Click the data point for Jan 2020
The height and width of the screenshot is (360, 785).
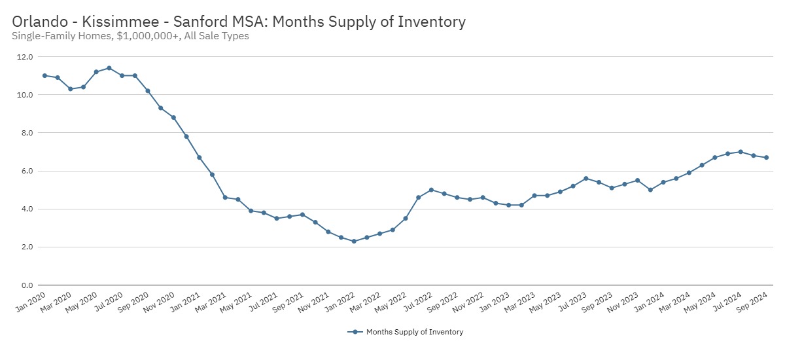click(44, 75)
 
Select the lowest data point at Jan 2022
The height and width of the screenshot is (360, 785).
click(354, 242)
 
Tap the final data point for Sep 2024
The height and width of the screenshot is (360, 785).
click(766, 157)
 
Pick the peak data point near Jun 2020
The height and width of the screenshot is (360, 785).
click(109, 68)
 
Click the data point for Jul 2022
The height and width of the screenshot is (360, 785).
click(431, 190)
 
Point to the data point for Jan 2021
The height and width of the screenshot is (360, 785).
click(200, 157)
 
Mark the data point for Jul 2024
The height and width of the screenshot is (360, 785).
click(741, 152)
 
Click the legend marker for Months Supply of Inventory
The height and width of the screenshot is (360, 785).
click(355, 332)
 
